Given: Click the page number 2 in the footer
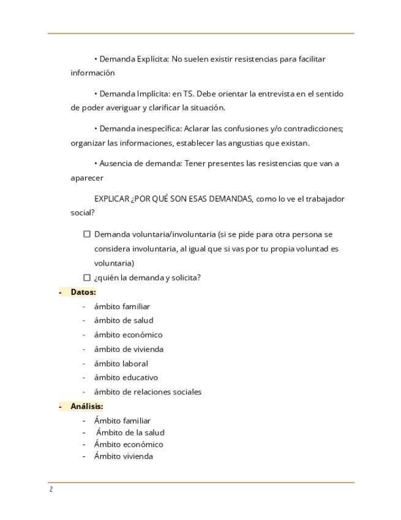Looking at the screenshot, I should pos(51,489).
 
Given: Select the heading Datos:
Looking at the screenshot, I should pos(83,292).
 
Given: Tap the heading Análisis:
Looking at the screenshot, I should pos(86,406).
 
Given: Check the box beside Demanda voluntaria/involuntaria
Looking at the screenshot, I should pos(87,234).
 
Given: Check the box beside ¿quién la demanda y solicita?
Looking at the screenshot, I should pos(87,277).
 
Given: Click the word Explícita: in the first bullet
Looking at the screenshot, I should pos(149,59).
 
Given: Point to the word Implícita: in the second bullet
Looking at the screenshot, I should pos(149,94).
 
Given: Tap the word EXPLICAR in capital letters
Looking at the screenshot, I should pos(111,199).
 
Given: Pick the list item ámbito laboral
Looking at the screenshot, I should pos(121,363).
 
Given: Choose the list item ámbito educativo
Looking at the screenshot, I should pos(126,377).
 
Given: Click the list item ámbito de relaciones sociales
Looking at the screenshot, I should pos(148,392).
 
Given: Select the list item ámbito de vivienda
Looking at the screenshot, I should pos(129,349).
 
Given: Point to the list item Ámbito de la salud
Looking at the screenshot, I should pos(130,432).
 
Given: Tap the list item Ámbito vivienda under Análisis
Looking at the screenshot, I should pos(123,456).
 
